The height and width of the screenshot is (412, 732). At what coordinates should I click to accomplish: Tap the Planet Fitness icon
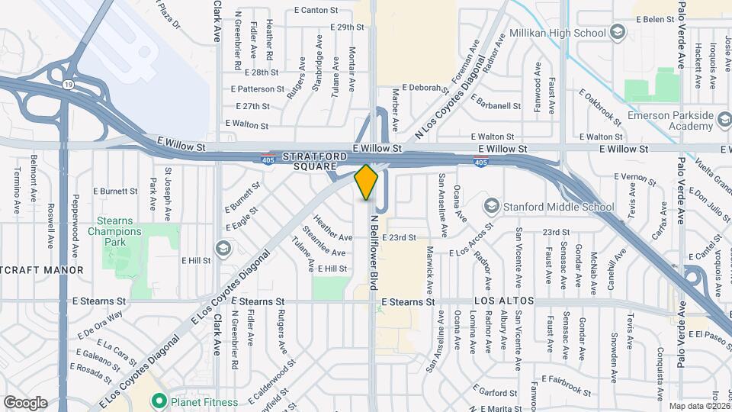point(159,400)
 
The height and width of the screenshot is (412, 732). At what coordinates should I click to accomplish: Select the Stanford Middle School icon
point(492,207)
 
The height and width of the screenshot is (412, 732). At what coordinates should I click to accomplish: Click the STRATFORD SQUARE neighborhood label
point(319,161)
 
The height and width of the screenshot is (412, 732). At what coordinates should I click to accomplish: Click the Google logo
point(25,402)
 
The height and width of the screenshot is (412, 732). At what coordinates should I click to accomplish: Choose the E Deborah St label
point(419,88)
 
